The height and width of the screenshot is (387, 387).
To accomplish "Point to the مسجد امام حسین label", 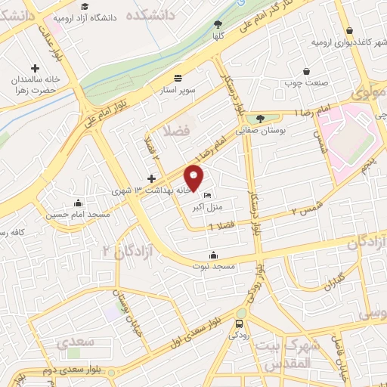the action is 79,216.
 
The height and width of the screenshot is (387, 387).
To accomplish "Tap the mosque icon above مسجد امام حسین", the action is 79,203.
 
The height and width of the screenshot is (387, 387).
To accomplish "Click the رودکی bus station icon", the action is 239,323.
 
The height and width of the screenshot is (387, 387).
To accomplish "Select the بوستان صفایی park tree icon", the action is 261,119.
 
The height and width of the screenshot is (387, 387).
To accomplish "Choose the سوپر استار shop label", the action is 178,91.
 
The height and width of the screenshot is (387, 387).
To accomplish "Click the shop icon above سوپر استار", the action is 178,78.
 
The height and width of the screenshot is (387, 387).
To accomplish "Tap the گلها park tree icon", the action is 218,24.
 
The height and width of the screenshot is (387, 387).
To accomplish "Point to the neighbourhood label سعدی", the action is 76,342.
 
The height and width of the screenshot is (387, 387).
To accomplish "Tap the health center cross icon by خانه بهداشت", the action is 152,179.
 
